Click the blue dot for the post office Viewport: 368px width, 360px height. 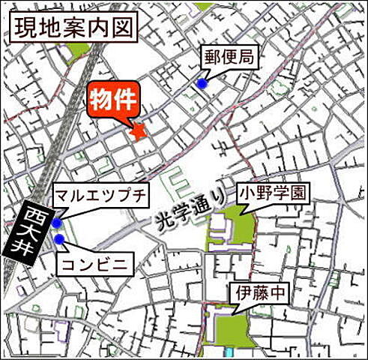point(202,84)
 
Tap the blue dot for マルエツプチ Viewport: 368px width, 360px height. point(57,223)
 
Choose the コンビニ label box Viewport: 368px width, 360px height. point(94,262)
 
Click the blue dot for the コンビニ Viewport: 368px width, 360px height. point(59,239)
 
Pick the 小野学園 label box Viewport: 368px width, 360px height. point(272,192)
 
